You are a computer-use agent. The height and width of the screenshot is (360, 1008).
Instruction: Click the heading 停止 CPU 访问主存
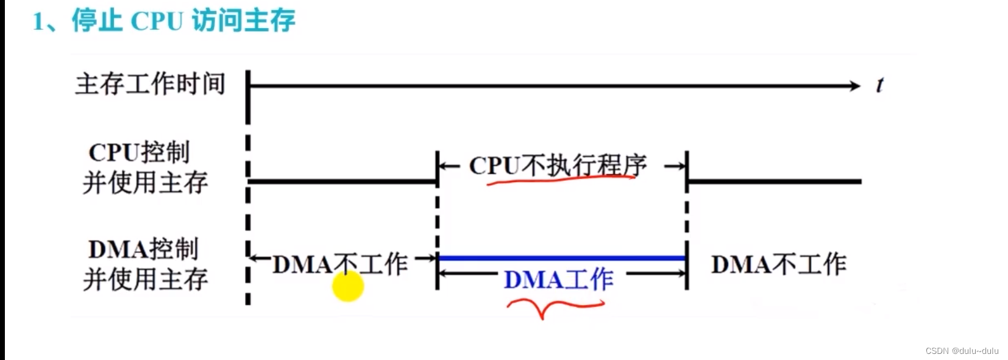183,21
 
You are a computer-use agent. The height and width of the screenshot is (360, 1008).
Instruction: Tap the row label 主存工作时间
150,84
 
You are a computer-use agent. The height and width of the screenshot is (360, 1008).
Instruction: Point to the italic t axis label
879,85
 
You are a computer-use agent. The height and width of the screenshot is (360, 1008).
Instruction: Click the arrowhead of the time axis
854,86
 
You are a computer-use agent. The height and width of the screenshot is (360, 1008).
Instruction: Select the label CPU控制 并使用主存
144,168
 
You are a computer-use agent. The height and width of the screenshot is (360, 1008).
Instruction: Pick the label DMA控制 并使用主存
144,264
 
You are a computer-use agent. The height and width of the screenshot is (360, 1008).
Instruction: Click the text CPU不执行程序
558,165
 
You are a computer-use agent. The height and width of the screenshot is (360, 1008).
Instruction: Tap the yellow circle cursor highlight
348,286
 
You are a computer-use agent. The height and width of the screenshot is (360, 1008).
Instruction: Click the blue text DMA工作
558,280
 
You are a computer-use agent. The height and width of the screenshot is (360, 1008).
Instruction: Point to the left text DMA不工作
339,264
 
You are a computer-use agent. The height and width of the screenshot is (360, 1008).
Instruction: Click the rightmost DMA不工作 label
778,264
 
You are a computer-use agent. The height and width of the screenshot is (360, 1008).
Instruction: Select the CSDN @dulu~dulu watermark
961,351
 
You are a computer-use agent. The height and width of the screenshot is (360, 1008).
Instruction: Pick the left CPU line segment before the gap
341,181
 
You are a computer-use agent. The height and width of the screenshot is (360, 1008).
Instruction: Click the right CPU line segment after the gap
774,181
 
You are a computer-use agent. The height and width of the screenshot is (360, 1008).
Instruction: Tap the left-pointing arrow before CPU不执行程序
450,166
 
